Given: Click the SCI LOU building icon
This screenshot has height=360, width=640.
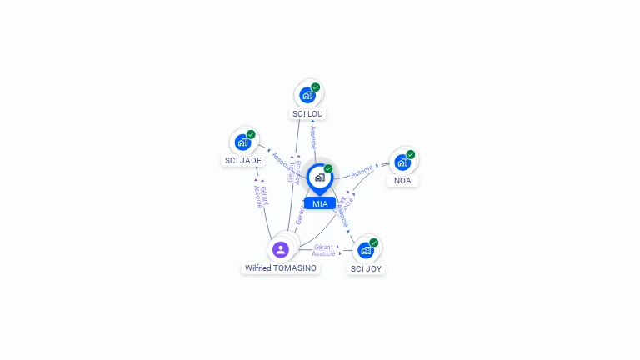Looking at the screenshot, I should (x=307, y=95).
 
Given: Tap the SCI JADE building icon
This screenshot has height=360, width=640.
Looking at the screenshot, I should (x=242, y=142).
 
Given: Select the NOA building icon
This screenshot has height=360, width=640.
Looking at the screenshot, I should (x=402, y=162).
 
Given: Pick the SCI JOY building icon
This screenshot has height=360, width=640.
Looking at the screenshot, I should (x=365, y=250).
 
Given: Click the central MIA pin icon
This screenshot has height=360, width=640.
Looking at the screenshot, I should (x=319, y=177).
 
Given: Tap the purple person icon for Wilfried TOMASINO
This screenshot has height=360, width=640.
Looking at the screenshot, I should (x=281, y=249).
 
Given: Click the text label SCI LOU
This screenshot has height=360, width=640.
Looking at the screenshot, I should (x=307, y=113).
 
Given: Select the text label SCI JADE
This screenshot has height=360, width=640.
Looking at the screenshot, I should (x=243, y=160).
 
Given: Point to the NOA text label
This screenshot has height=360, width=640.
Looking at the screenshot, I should (x=402, y=180).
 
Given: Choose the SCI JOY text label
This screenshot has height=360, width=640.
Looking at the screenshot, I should (x=367, y=268).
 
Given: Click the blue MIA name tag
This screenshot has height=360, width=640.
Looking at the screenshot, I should (x=320, y=203).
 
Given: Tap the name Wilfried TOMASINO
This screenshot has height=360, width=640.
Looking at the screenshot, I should (x=281, y=267).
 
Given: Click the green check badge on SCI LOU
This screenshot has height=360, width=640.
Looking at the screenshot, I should (x=316, y=87).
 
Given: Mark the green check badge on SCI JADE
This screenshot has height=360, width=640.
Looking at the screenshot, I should (x=251, y=134).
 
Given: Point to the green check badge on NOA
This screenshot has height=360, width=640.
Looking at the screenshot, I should (x=411, y=154).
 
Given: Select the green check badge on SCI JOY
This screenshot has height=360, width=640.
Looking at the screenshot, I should (x=373, y=242).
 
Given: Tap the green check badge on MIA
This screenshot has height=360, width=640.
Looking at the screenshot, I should (x=328, y=169).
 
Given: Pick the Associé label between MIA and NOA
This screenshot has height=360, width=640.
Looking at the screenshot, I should (x=362, y=171).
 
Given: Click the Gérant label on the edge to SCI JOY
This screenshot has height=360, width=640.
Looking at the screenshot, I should (x=323, y=247).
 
